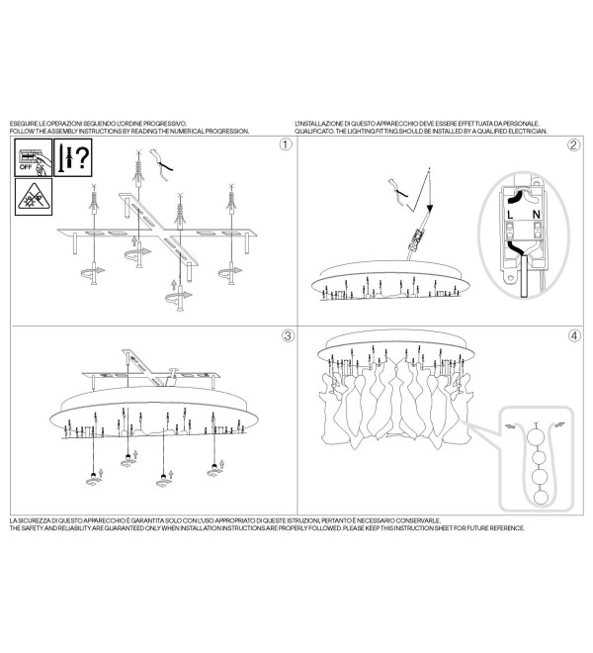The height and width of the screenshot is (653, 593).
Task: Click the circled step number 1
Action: (286, 144)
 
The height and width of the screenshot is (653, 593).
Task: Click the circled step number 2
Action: (574, 144)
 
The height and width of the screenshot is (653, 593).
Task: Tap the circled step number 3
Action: (288, 335)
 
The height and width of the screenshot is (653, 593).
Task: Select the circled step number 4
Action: (574, 335)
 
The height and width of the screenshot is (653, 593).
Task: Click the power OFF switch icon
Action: (34, 157)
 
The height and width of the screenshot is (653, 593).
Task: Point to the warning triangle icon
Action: (34, 197)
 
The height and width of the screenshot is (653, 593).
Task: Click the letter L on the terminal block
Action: (510, 215)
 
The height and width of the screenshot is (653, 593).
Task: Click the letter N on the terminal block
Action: (537, 215)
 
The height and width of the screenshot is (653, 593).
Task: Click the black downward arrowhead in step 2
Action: (430, 208)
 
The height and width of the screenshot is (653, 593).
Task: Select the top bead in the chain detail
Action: (536, 437)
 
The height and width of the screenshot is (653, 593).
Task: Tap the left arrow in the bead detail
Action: (510, 426)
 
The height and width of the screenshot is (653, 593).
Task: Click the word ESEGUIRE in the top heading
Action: (23, 124)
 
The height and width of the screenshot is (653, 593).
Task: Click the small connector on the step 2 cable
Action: (416, 239)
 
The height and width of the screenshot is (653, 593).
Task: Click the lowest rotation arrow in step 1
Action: (179, 297)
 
